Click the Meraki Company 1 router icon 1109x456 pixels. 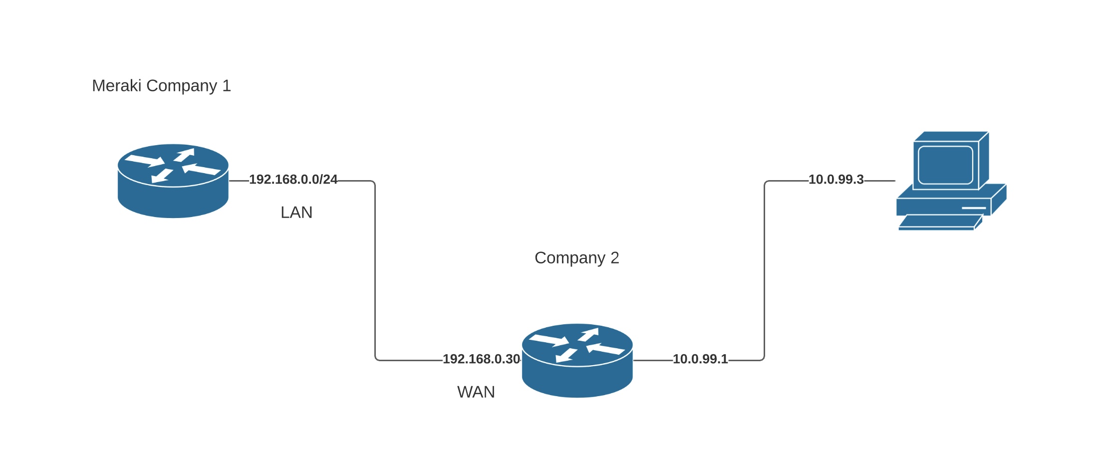pos(173,181)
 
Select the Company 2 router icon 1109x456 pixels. pos(577,360)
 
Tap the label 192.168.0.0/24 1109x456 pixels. pos(293,180)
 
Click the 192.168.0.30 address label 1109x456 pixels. pos(481,359)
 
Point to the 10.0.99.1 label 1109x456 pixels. pos(700,359)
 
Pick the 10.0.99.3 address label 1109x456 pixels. pos(836,180)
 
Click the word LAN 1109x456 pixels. pos(296,213)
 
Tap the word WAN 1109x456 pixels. pos(476,392)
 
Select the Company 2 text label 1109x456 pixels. pos(576,258)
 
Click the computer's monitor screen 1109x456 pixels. pos(945,165)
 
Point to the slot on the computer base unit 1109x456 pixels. pos(974,208)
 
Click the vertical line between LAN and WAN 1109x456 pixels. pos(375,269)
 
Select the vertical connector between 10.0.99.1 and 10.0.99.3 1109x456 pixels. pos(764,269)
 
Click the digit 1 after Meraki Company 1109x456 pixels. pos(227,86)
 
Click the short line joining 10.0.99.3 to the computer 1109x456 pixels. pos(879,181)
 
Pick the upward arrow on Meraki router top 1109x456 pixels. pos(185,154)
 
